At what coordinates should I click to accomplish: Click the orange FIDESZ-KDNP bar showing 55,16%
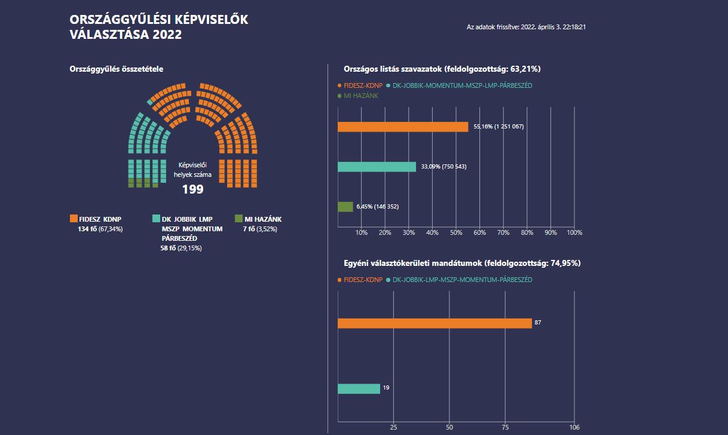click(x=403, y=127)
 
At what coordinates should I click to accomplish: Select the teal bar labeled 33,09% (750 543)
click(x=377, y=167)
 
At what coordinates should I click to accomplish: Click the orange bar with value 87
click(x=435, y=323)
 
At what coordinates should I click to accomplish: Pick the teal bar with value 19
click(x=359, y=388)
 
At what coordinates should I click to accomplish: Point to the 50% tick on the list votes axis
click(x=455, y=232)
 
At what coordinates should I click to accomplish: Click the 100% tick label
click(x=574, y=232)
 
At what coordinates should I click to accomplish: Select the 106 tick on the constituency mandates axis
click(x=574, y=427)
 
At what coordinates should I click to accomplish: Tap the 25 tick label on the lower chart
click(x=393, y=427)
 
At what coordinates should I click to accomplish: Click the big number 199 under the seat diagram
click(x=192, y=189)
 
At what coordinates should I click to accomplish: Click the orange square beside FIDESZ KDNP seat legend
click(x=74, y=219)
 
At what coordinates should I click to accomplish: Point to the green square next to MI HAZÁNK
click(x=238, y=219)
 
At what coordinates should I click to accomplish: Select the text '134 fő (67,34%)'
click(x=100, y=229)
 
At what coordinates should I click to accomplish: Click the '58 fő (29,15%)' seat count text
click(x=181, y=248)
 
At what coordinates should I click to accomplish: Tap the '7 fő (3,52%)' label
click(x=260, y=229)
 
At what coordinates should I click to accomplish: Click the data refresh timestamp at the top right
click(x=525, y=27)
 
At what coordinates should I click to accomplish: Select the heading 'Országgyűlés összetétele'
click(x=116, y=69)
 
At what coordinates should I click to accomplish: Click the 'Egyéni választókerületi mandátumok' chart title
click(x=462, y=263)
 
